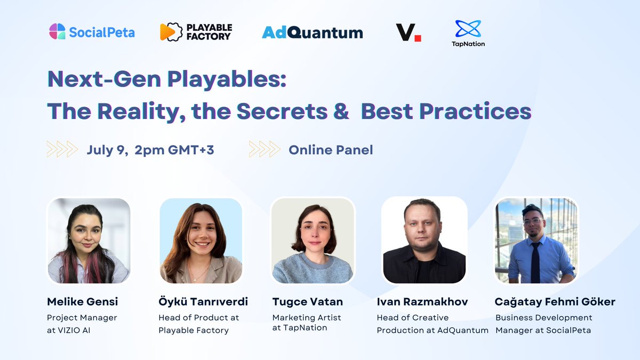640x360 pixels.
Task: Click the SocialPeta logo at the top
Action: pyautogui.click(x=92, y=32)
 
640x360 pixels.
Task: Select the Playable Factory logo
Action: pyautogui.click(x=195, y=32)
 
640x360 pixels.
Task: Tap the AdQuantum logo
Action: pyautogui.click(x=312, y=33)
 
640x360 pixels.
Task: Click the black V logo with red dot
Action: pyautogui.click(x=408, y=32)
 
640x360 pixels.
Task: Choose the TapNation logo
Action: pyautogui.click(x=468, y=33)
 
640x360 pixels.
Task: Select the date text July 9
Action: pyautogui.click(x=108, y=150)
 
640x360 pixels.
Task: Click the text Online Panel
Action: pyautogui.click(x=331, y=150)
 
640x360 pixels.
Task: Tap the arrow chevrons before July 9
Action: pyautogui.click(x=62, y=149)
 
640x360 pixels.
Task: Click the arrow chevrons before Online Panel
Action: pyautogui.click(x=265, y=149)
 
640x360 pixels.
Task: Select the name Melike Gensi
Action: pyautogui.click(x=82, y=302)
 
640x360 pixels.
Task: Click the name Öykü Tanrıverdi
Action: pyautogui.click(x=203, y=302)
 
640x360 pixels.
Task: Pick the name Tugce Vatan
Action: pyautogui.click(x=307, y=302)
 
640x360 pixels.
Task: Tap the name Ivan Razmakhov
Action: pyautogui.click(x=422, y=302)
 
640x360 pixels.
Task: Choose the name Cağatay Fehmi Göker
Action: pyautogui.click(x=555, y=302)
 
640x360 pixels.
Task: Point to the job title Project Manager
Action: pyautogui.click(x=82, y=318)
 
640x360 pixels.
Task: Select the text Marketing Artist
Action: pyautogui.click(x=307, y=318)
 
